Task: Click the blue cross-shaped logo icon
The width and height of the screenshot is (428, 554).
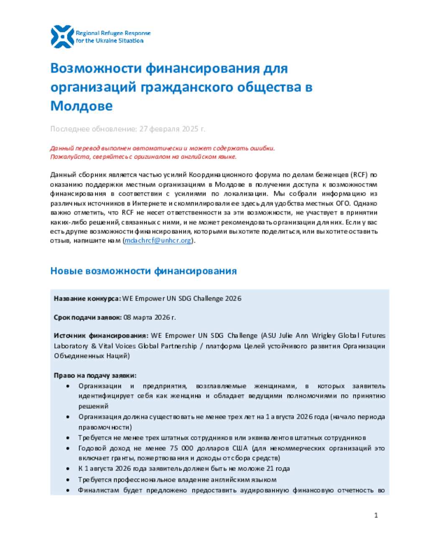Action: [x=62, y=36]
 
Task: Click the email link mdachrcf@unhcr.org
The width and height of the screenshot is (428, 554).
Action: [x=158, y=240]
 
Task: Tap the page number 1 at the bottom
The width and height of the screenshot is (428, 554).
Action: [x=376, y=515]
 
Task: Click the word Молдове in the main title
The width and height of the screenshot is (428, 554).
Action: [x=81, y=106]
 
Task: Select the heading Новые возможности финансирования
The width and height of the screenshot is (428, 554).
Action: [x=143, y=271]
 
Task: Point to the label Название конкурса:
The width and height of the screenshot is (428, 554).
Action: [x=87, y=299]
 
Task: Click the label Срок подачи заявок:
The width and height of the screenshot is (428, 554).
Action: [x=88, y=317]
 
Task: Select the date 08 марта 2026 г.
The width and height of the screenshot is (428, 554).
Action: [x=150, y=317]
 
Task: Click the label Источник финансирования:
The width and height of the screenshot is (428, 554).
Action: [x=101, y=335]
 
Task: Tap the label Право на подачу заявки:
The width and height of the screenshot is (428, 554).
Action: [x=95, y=375]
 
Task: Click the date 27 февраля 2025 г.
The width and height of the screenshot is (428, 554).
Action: [x=172, y=129]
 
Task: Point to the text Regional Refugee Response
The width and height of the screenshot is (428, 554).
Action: [x=113, y=33]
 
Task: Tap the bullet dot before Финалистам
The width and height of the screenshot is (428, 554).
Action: [x=68, y=490]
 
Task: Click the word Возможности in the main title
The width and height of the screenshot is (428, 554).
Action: [x=97, y=68]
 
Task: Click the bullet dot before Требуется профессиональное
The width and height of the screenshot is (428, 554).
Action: [x=68, y=480]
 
